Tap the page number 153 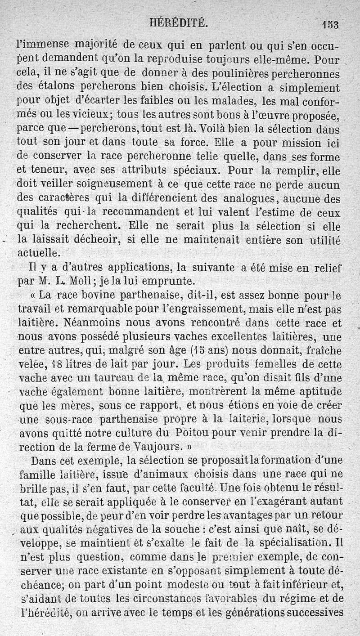330,24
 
